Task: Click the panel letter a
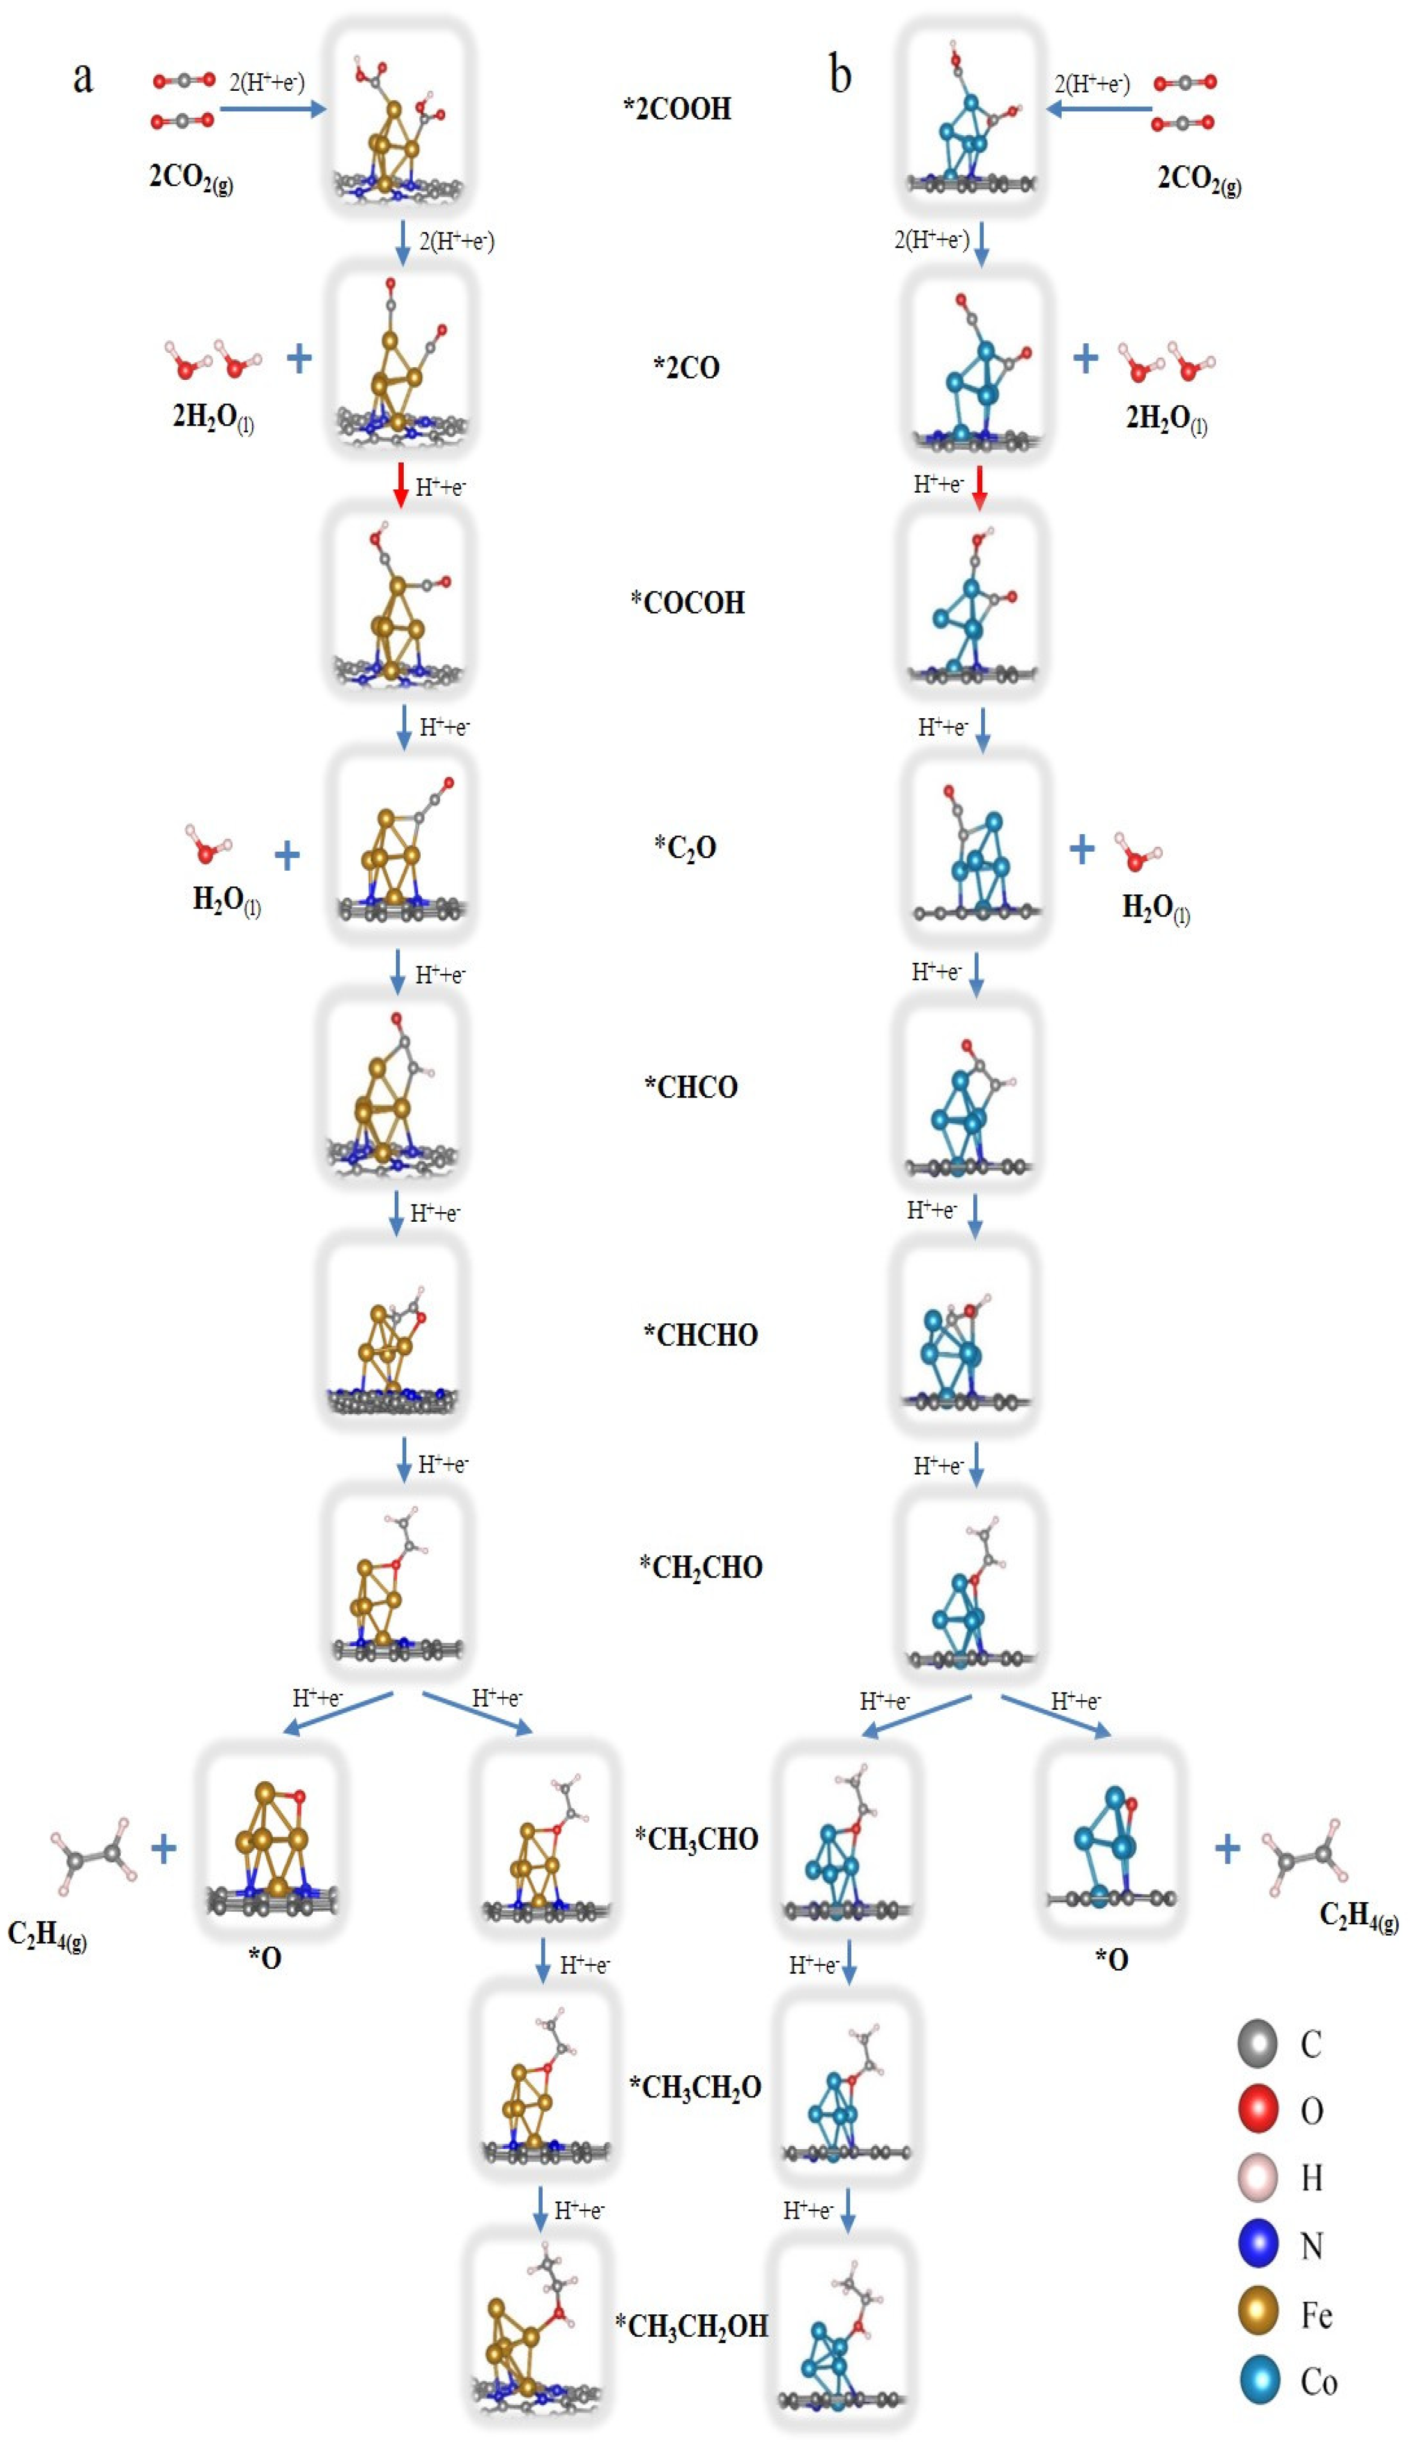(84, 76)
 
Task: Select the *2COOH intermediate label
(677, 109)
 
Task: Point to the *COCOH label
(687, 602)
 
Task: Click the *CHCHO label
(700, 1335)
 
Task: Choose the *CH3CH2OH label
(692, 2325)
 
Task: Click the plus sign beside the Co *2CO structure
(1085, 359)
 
